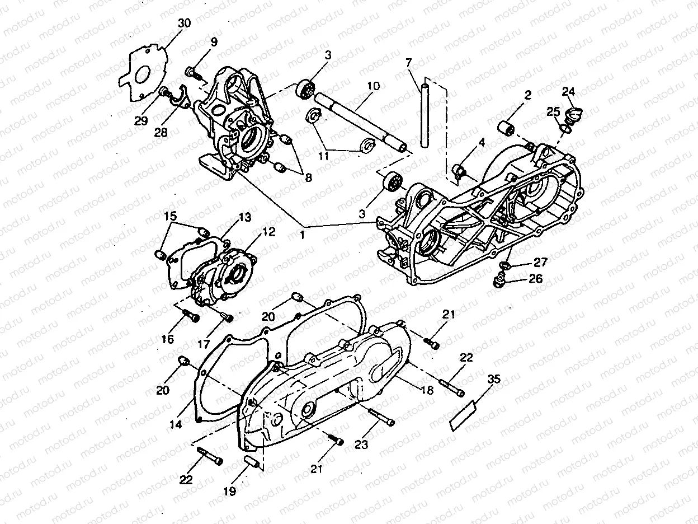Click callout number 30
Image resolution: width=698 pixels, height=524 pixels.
184,24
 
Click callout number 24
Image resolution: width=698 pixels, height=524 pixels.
568,91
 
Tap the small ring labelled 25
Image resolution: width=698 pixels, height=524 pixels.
566,130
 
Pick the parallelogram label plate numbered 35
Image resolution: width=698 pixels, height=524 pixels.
463,415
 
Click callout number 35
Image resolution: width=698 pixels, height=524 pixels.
493,380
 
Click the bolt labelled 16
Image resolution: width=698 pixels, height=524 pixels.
190,317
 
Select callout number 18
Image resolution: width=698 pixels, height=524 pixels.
427,391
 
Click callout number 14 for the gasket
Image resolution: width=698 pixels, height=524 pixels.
176,425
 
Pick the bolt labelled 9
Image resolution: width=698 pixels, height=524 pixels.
191,72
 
